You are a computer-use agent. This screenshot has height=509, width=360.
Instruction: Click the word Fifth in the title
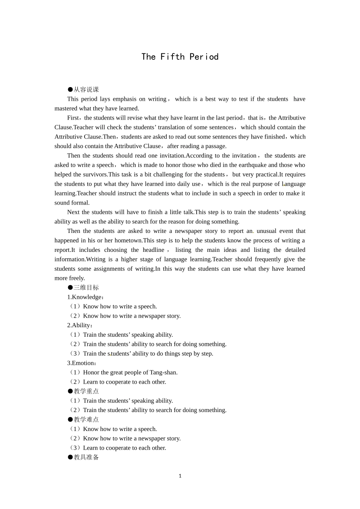pos(172,57)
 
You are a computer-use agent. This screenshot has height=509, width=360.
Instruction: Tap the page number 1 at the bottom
pos(180,476)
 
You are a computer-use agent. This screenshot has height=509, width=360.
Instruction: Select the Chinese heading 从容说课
pos(86,90)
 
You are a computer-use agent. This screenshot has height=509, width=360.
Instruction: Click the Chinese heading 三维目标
pos(86,288)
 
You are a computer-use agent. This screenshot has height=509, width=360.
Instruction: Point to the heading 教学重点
pos(86,391)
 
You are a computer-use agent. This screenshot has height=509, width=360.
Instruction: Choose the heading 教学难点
pos(86,420)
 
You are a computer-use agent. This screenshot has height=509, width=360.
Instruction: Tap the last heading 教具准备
pos(86,457)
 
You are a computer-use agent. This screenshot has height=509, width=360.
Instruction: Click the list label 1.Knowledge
pos(85,297)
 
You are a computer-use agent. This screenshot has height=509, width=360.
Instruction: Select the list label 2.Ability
pos(80,325)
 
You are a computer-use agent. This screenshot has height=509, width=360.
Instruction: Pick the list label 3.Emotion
pos(81,363)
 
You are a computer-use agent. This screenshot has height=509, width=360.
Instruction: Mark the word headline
pos(153,250)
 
